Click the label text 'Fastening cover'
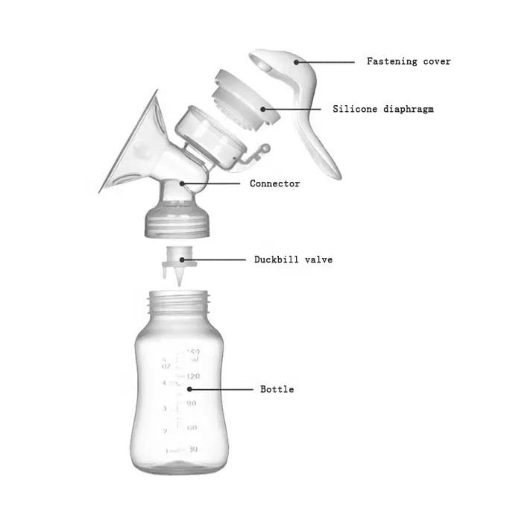tap(409, 62)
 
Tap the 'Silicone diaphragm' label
tap(382, 110)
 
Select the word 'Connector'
tap(274, 183)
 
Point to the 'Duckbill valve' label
tap(293, 260)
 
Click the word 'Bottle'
tap(277, 389)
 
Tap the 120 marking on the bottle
tap(192, 377)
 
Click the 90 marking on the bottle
tap(192, 403)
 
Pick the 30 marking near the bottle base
tap(192, 450)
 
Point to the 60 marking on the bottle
tap(192, 427)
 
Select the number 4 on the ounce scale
tap(164, 383)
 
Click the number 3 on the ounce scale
tap(164, 409)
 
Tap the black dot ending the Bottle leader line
tap(189, 388)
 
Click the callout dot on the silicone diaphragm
tap(262, 109)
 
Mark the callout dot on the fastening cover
tap(296, 61)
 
